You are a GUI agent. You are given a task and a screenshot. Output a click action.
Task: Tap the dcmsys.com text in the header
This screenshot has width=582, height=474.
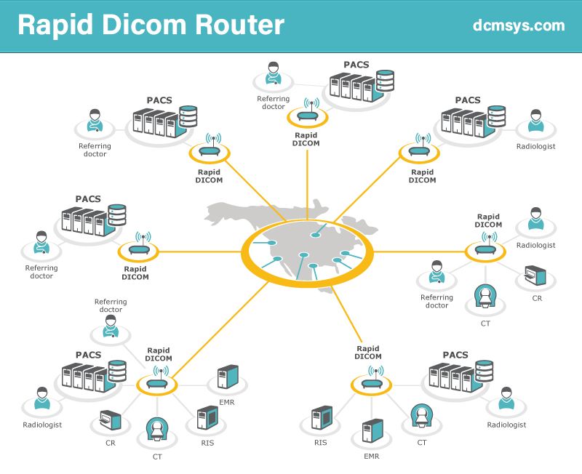pyautogui.click(x=518, y=25)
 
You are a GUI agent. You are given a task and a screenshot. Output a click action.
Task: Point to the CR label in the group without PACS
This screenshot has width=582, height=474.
pyautogui.click(x=536, y=298)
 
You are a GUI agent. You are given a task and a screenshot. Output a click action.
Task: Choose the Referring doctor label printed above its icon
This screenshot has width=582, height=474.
pyautogui.click(x=111, y=305)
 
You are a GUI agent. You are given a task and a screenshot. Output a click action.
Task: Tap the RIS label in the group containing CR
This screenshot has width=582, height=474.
pyautogui.click(x=207, y=443)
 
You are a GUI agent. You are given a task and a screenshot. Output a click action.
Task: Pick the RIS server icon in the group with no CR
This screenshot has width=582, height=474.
pyautogui.click(x=321, y=419)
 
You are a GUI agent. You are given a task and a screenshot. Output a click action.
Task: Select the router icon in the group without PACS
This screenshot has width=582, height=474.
pyautogui.click(x=487, y=249)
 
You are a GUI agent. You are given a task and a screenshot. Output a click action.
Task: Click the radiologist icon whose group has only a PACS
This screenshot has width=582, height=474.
pyautogui.click(x=536, y=121)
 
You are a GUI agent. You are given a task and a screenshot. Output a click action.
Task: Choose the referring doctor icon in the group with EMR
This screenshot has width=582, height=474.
pyautogui.click(x=111, y=329)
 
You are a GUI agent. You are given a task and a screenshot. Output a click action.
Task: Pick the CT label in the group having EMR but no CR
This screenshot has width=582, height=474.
pyautogui.click(x=422, y=441)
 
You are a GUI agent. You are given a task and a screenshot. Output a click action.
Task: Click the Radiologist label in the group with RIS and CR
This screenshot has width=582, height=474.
pyautogui.click(x=42, y=425)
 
